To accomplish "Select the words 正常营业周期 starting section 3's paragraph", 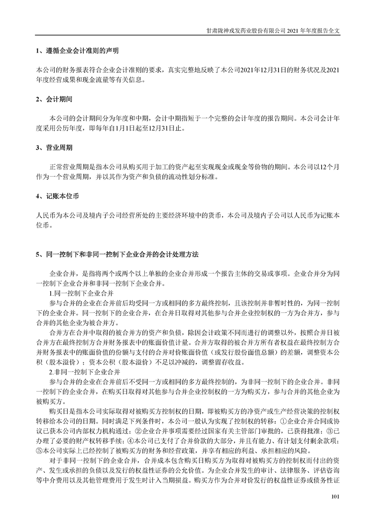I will [66, 167].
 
